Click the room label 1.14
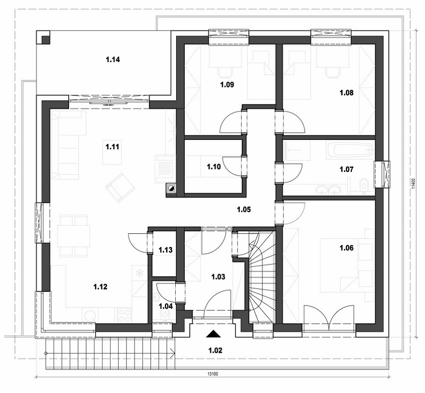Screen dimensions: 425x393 113,59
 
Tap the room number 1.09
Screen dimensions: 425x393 227,85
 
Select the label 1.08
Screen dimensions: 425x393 346,93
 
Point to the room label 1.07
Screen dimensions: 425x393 346,169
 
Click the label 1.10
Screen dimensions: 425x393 214,167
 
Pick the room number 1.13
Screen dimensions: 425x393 166,250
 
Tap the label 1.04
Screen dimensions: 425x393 166,307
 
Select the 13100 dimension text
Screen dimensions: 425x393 213,374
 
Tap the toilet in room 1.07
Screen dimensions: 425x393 364,186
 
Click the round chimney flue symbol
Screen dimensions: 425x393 171,188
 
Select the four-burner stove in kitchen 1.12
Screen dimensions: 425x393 124,316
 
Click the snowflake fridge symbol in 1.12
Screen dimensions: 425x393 139,273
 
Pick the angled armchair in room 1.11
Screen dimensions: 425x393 120,188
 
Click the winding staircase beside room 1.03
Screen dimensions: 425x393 261,277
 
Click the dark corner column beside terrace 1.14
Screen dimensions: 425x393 43,37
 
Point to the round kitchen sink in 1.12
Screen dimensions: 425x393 90,316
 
